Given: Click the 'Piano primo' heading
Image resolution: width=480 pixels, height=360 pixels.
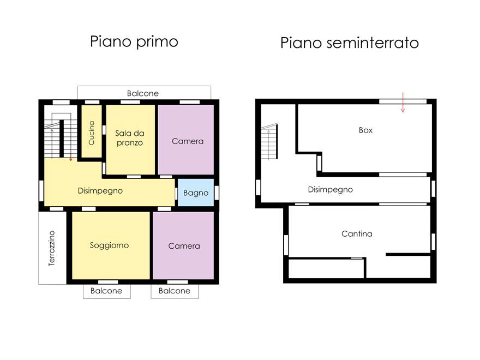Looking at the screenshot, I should pos(134,42).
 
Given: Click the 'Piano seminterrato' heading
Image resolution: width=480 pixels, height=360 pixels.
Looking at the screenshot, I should pos(349,43).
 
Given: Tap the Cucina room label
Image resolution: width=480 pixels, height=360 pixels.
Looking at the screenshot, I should pos(91,133).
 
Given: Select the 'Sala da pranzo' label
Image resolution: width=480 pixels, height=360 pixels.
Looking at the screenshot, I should pos(129,137).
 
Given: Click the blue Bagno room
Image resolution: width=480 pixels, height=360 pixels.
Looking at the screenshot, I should pos(195,193).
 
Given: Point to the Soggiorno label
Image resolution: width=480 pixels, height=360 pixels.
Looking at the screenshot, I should pos(109,245).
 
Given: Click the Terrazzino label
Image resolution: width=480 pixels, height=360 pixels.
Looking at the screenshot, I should pos(52,248).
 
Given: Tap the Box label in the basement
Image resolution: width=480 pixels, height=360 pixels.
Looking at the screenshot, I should pos(365,130).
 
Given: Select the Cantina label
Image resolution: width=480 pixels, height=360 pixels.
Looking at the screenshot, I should pos(357,233).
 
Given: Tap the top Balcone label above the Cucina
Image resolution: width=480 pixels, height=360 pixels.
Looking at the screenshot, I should pos(143,93).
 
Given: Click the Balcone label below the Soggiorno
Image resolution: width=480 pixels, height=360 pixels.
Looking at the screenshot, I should pos(106,291).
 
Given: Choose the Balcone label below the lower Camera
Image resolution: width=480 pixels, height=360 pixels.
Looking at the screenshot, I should pos(175,291).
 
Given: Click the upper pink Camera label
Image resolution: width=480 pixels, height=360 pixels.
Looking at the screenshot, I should pos(187,141).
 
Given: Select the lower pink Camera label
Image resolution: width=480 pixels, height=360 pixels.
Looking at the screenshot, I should pos(184,246).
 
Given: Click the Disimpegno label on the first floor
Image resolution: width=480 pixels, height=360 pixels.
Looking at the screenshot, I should pos(100,191).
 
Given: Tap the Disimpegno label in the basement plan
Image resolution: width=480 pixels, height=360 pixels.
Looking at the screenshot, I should pos(330,190).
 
